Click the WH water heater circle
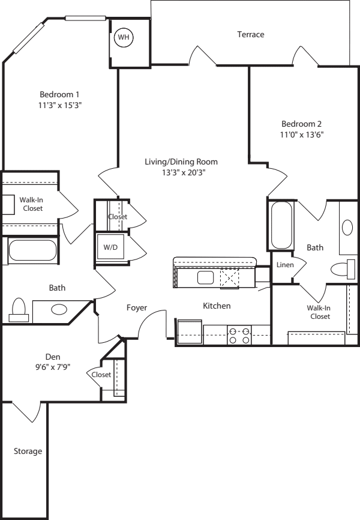point(124,37)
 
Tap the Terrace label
point(250,35)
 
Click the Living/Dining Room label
point(181,162)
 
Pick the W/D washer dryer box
point(111,247)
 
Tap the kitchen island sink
point(205,277)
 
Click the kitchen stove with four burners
point(239,335)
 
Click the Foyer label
point(136,307)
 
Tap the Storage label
point(28,451)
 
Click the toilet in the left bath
point(19,309)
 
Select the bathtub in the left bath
point(32,251)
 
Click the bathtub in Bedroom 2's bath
point(281,226)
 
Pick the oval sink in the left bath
point(59,310)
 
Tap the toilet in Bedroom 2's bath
point(343,269)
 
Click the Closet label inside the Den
point(101,375)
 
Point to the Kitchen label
point(217,306)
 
